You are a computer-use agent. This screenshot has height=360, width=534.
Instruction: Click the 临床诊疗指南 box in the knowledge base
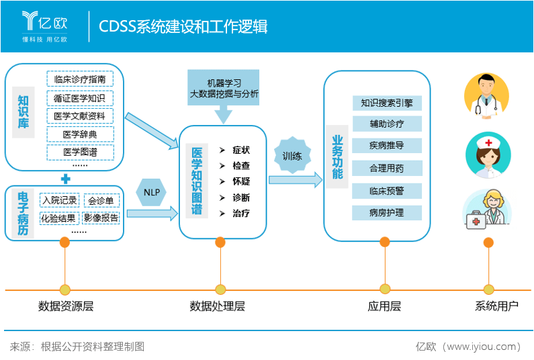(80, 79)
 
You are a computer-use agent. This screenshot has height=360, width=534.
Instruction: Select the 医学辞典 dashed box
(80, 134)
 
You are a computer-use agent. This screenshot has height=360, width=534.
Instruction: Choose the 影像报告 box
(101, 218)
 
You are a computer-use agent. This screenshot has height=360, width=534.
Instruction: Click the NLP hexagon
(150, 193)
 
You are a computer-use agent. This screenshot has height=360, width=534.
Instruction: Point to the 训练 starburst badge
(292, 156)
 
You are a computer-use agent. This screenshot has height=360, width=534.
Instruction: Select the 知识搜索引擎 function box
(387, 103)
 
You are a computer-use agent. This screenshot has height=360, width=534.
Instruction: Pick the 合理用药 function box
(387, 168)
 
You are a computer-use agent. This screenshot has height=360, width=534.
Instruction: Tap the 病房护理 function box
(387, 213)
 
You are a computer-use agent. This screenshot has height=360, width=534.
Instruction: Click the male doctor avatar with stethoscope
(486, 95)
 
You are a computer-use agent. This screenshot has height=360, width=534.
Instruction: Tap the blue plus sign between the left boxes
(65, 179)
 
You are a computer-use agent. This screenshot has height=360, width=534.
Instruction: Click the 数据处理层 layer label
(218, 307)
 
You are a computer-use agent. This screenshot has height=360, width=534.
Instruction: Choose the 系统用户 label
(497, 307)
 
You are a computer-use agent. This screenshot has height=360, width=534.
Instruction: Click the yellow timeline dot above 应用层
(385, 289)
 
